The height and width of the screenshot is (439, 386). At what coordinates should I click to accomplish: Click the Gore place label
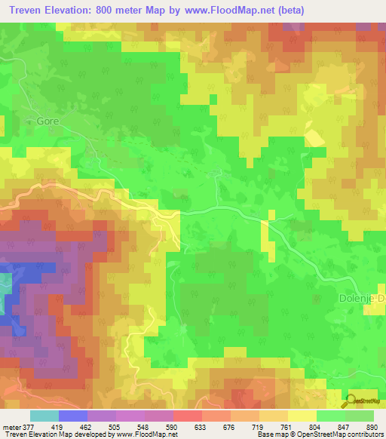[x=47, y=120]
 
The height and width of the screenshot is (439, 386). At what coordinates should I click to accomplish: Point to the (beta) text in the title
[x=287, y=10]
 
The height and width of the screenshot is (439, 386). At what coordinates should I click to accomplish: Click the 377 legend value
[x=27, y=426]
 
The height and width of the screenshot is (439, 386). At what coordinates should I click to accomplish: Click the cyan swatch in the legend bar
[x=44, y=416]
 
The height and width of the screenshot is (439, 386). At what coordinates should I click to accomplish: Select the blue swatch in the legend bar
[x=72, y=416]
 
